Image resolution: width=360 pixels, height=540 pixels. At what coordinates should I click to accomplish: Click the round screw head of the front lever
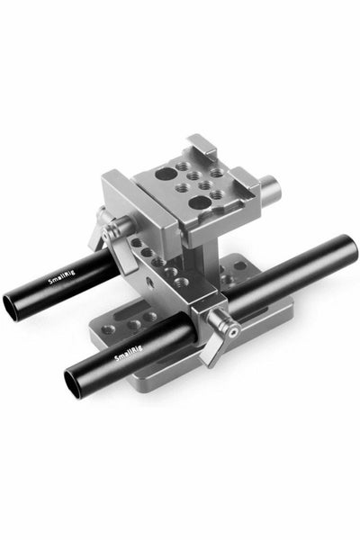click(232, 332)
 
